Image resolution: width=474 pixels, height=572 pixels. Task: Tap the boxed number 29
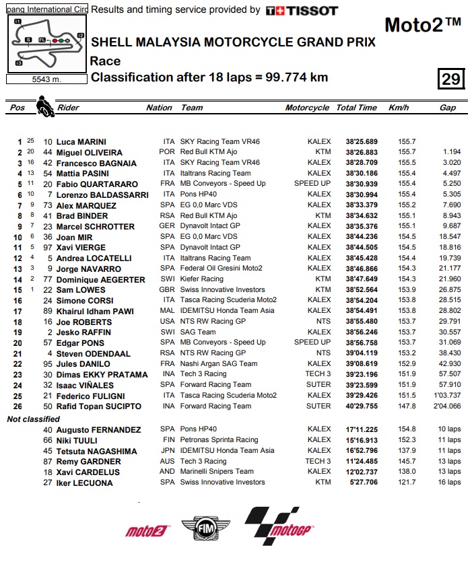pos(450,79)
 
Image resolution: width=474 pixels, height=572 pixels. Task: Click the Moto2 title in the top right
pos(422,26)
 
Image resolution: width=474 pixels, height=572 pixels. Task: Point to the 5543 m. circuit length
pos(46,79)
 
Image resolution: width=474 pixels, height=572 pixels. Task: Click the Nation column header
pos(159,108)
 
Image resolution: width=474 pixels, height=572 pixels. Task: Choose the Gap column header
pos(447,108)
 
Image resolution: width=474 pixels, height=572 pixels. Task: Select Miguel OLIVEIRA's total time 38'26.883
pos(358,153)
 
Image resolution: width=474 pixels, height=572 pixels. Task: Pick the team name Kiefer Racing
pos(202,279)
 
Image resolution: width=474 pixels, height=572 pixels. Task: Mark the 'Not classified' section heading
pos(34,419)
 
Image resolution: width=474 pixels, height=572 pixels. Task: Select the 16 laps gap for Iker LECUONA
pos(449,482)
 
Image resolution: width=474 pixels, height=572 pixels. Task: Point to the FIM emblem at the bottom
pos(200,530)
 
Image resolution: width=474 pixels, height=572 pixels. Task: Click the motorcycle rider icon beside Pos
pos(45,106)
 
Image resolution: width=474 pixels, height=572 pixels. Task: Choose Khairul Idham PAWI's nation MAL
pos(169,311)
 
